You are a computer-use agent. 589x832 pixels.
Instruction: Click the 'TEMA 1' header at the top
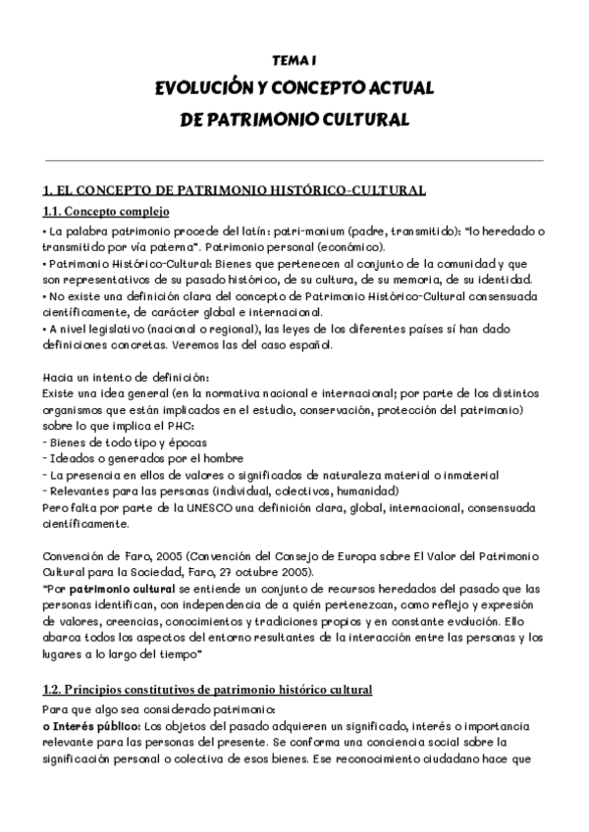pyautogui.click(x=294, y=60)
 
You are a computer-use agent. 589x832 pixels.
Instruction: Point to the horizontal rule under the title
pyautogui.click(x=294, y=160)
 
